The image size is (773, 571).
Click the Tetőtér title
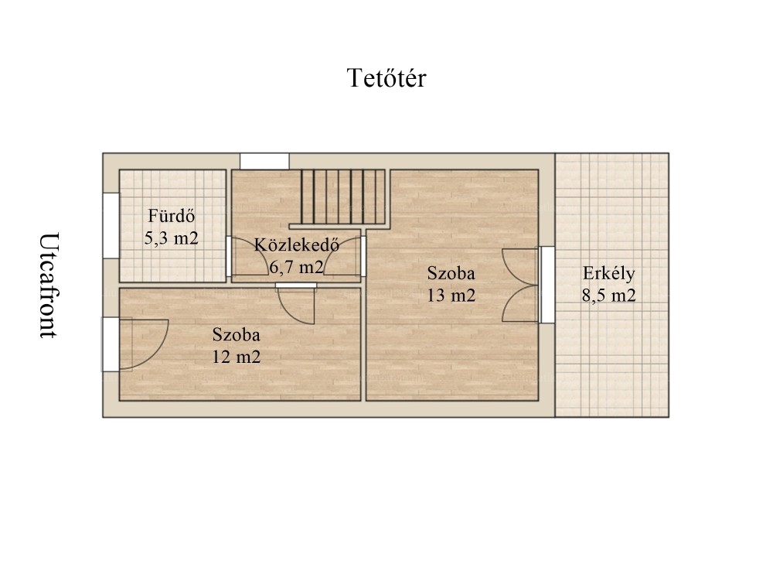[x=386, y=78]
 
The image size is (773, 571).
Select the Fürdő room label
[x=172, y=216]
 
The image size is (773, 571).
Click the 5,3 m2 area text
[x=171, y=238]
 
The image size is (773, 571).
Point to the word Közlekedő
[x=297, y=244]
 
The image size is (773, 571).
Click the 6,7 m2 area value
[x=296, y=267]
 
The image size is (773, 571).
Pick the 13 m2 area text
[x=451, y=295]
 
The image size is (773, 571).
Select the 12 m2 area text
[x=236, y=357]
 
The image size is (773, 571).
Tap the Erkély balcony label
[x=609, y=273]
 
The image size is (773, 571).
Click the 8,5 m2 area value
[x=609, y=295]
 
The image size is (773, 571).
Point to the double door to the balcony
[x=520, y=285]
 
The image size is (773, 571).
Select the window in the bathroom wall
[x=111, y=225]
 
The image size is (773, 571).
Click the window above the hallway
[x=264, y=162]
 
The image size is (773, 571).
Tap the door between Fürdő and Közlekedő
[x=247, y=257]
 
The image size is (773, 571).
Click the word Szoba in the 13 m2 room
[x=451, y=273]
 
